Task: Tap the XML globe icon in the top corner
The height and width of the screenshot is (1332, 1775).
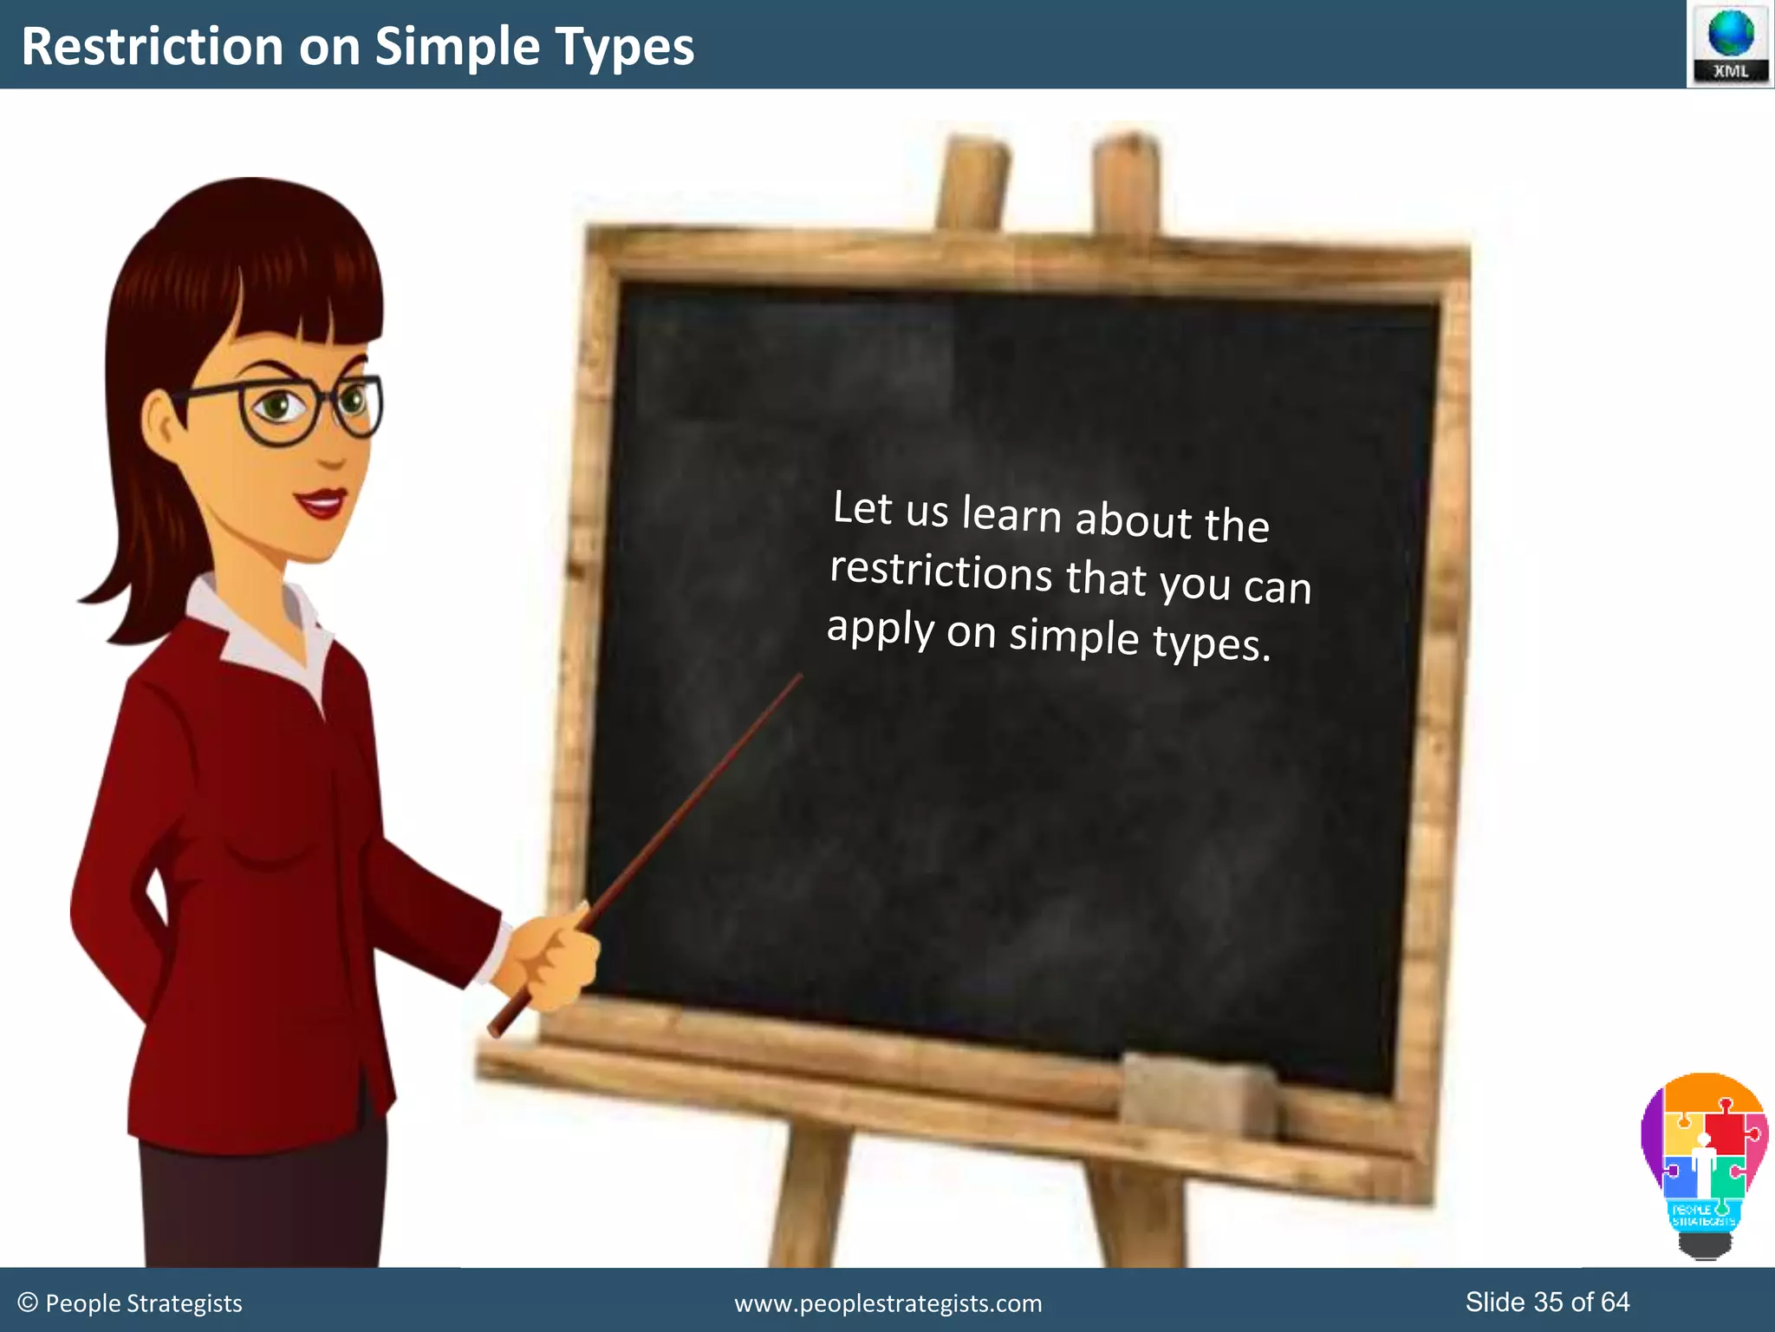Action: click(1730, 43)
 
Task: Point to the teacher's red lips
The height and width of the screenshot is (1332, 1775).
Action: click(322, 503)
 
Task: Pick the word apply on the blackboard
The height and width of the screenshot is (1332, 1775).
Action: click(880, 628)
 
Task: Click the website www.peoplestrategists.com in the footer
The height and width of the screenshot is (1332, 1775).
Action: click(887, 1303)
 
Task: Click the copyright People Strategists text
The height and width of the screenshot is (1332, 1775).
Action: click(130, 1303)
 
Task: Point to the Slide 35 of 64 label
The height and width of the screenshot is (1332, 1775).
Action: click(1547, 1302)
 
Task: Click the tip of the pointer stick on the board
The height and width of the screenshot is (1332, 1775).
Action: click(799, 677)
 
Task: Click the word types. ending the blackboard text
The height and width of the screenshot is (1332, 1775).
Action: click(1211, 643)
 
